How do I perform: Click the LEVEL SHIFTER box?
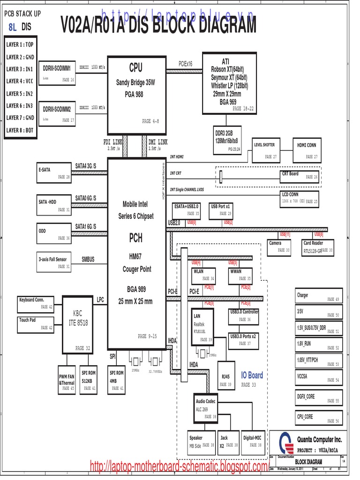click(265, 150)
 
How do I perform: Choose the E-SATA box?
click(54, 173)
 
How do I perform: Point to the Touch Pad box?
click(36, 324)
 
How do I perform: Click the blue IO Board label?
click(252, 375)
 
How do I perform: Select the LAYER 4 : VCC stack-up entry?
click(20, 81)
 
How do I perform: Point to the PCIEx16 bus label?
click(185, 63)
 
